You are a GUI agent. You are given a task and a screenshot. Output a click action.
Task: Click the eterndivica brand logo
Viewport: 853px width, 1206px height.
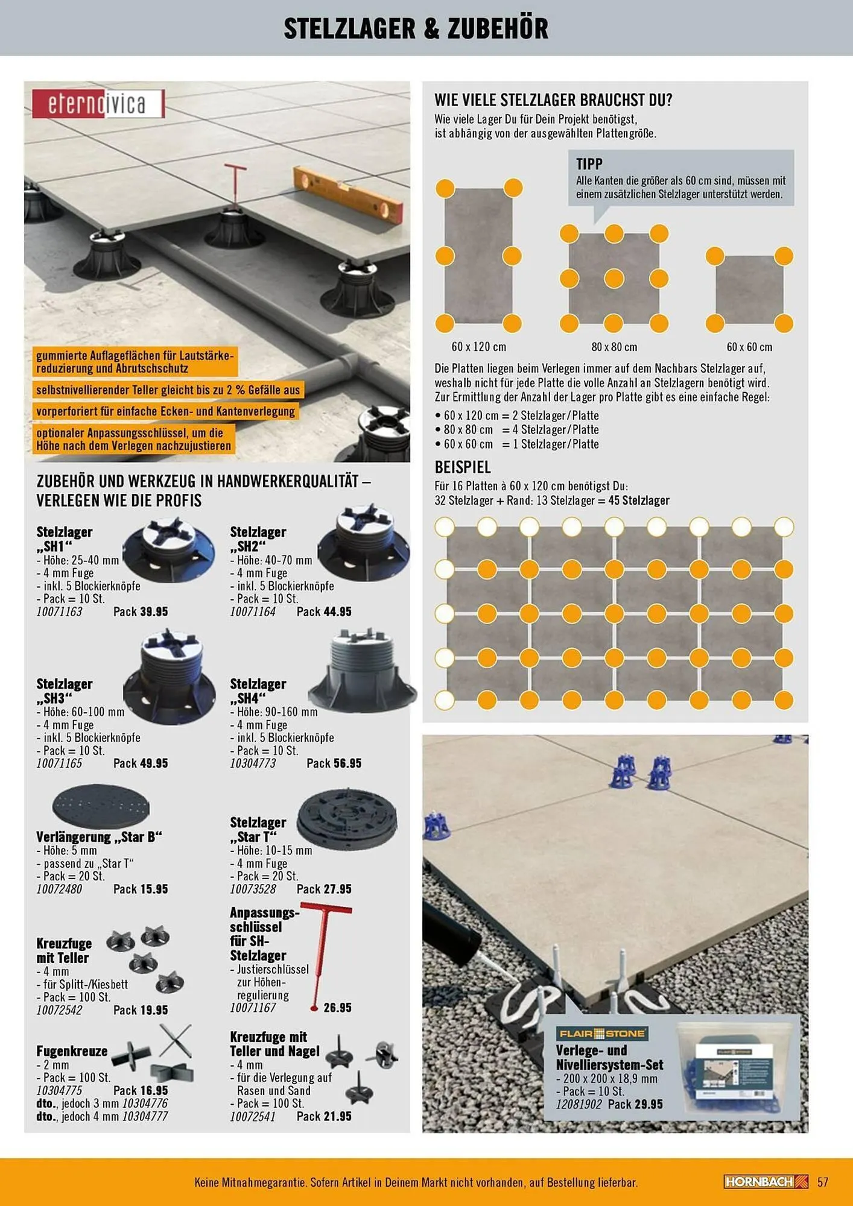tap(98, 104)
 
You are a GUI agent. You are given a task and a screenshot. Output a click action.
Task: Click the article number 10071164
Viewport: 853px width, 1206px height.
tap(252, 611)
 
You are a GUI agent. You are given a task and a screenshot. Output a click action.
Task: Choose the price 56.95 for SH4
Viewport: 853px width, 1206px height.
tap(347, 763)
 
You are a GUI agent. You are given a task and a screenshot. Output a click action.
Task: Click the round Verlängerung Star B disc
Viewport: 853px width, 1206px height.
tap(101, 806)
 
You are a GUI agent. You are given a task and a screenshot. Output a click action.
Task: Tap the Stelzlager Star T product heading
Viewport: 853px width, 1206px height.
tap(258, 829)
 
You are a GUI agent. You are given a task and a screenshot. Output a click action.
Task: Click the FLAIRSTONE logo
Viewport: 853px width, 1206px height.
tap(601, 1034)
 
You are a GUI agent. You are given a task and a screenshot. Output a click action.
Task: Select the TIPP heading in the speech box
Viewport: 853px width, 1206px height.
tap(589, 164)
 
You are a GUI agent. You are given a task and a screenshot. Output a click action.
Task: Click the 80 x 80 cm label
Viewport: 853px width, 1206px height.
tap(614, 347)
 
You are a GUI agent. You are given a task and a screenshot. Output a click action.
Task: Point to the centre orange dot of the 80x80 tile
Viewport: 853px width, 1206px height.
tap(614, 278)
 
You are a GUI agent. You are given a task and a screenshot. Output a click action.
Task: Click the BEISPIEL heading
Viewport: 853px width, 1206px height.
tap(462, 467)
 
